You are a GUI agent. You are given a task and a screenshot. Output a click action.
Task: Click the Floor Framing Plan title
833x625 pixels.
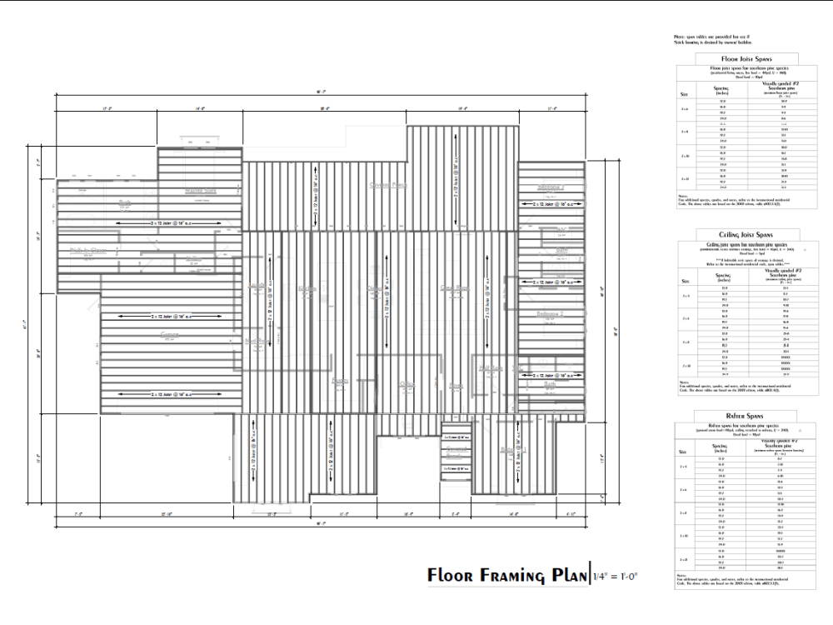click(x=507, y=576)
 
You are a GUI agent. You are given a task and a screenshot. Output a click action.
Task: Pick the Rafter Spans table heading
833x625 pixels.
click(x=737, y=414)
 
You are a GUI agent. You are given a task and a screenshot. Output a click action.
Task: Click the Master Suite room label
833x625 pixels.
click(x=200, y=191)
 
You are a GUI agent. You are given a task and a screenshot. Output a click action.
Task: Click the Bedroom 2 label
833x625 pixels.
click(x=551, y=314)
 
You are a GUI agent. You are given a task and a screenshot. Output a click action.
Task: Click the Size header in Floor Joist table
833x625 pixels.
click(x=684, y=94)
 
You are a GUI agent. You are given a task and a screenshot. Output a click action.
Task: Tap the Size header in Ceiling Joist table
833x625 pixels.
click(x=684, y=282)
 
